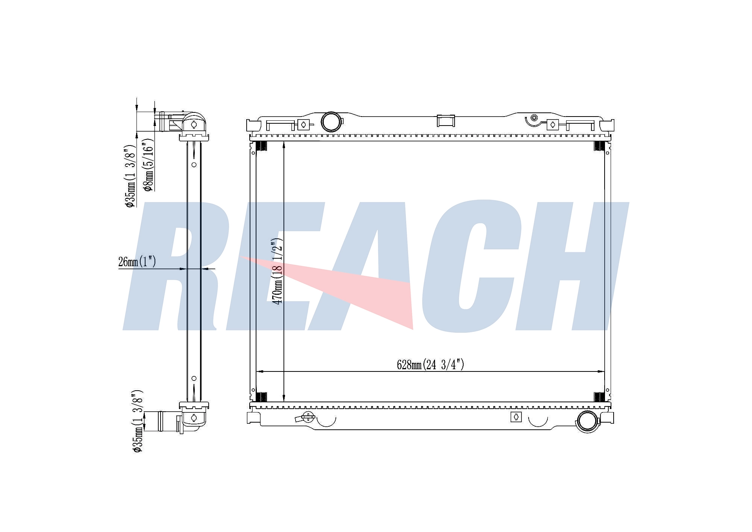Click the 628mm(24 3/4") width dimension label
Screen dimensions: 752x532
tap(431, 365)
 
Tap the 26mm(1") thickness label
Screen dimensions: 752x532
tap(137, 262)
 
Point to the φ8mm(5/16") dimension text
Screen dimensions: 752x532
tap(149, 165)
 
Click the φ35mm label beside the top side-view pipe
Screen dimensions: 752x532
tap(130, 176)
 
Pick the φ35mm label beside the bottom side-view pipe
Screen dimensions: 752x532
tap(138, 421)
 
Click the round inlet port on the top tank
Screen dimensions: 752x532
tap(331, 121)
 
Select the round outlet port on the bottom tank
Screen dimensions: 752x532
tap(588, 421)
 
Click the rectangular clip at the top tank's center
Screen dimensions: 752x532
tap(446, 121)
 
